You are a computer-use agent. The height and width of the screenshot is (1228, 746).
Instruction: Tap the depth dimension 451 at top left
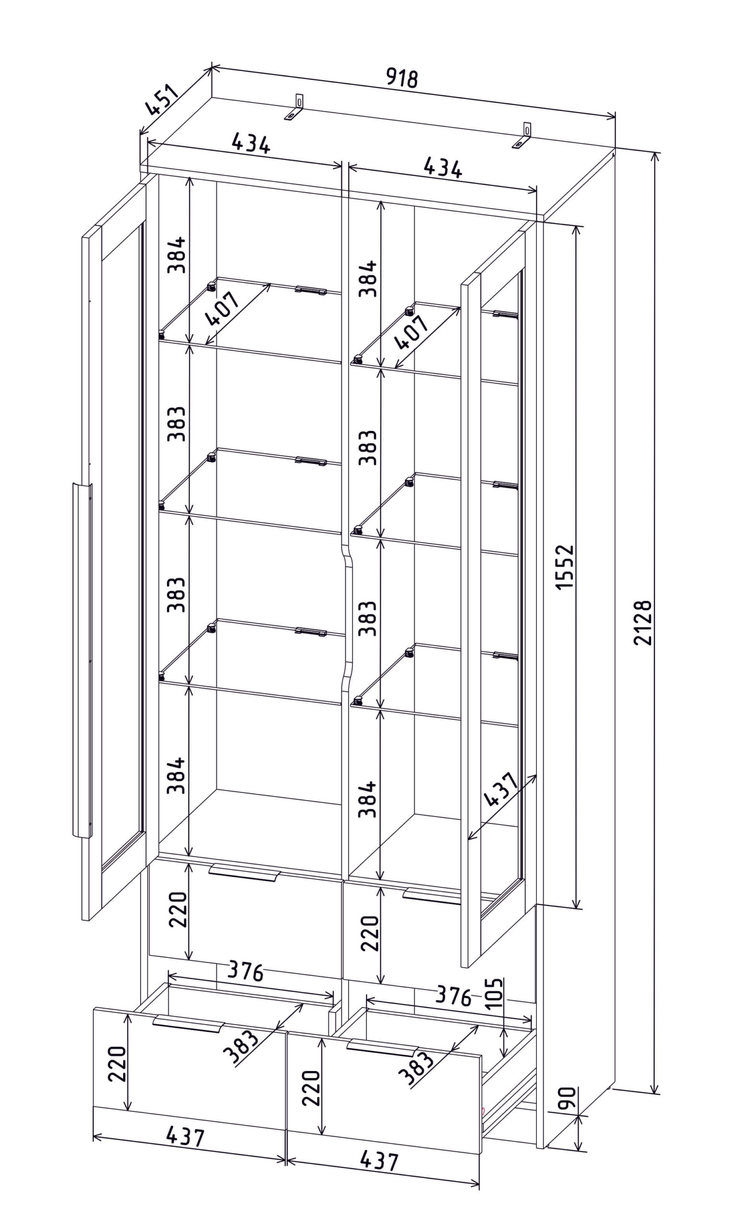click(162, 101)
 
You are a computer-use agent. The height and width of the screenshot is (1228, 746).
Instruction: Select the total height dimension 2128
click(643, 623)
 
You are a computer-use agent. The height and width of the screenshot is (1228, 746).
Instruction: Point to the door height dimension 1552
click(565, 567)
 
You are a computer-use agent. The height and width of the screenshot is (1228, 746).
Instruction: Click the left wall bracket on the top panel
click(294, 107)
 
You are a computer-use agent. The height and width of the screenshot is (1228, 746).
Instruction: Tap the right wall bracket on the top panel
click(524, 136)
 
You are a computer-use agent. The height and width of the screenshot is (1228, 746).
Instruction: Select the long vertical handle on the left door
click(82, 660)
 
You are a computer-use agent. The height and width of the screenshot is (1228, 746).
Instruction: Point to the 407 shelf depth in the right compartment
click(410, 332)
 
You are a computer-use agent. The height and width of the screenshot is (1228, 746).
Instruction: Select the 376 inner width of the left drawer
click(245, 971)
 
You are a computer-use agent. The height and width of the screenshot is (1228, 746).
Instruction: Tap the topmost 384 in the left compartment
click(177, 255)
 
